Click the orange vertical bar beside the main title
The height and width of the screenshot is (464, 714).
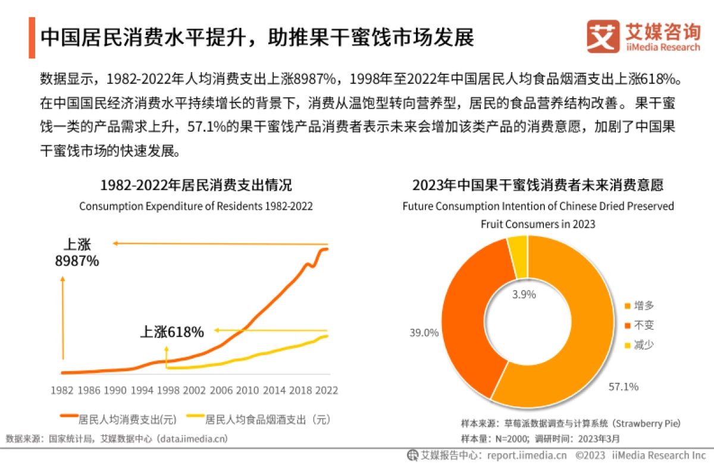pyautogui.click(x=32, y=38)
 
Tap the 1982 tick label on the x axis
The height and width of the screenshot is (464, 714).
pyautogui.click(x=62, y=391)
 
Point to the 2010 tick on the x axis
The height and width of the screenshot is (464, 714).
pyautogui.click(x=248, y=391)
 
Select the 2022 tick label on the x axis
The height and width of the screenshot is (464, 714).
pyautogui.click(x=327, y=391)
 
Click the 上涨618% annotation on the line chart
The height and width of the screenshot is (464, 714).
pyautogui.click(x=172, y=332)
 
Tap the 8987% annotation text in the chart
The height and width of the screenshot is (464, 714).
pyautogui.click(x=77, y=261)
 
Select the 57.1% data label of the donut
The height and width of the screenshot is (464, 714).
pyautogui.click(x=623, y=387)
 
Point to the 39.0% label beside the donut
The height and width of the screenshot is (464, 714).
pyautogui.click(x=424, y=332)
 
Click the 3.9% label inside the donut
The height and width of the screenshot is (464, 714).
pyautogui.click(x=524, y=294)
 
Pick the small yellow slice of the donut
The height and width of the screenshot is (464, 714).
pyautogui.click(x=518, y=256)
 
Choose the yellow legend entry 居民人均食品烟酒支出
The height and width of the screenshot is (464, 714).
pyautogui.click(x=259, y=419)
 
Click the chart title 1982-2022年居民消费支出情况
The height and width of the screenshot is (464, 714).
pyautogui.click(x=196, y=185)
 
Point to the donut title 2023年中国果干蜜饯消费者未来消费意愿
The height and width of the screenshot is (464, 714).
pyautogui.click(x=538, y=185)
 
